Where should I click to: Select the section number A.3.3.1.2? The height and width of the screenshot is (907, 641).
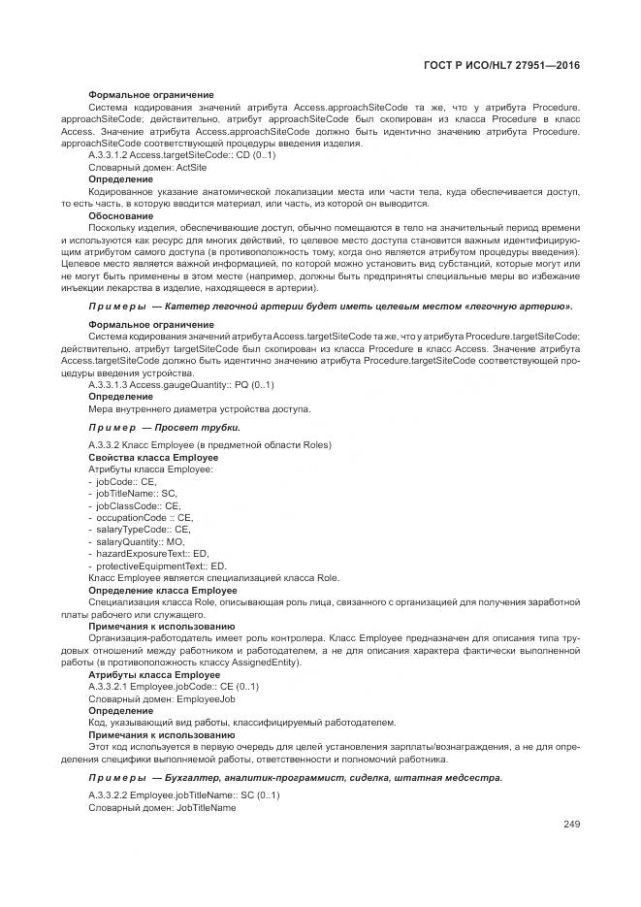109,155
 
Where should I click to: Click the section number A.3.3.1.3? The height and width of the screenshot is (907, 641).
109,385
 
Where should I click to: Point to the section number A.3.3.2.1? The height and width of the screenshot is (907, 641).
109,686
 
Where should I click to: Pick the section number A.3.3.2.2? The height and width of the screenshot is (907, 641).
109,795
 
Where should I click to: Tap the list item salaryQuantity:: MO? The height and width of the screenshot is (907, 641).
133,541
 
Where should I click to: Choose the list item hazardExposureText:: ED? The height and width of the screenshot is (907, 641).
147,553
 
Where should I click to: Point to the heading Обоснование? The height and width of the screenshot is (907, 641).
118,216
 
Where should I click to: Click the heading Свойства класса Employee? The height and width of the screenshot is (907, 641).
152,457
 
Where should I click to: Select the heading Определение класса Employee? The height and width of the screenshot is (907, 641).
162,590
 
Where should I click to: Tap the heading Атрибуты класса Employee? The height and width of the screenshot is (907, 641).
153,674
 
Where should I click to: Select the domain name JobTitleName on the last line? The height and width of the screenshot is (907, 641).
207,807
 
